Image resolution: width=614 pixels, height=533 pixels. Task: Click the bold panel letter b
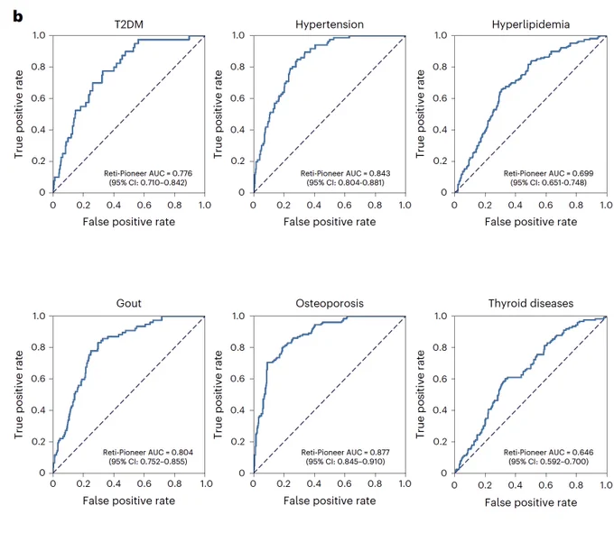coord(18,16)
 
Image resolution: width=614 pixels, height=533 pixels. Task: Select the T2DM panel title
coord(129,24)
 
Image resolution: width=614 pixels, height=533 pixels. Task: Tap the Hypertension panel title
coord(330,24)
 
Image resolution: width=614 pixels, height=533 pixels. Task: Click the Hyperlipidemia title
coord(531,24)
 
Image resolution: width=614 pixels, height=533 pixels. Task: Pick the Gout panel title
coord(129,303)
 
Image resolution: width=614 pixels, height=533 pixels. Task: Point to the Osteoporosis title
coord(330,303)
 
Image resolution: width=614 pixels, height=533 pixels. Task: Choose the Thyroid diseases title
coord(531,303)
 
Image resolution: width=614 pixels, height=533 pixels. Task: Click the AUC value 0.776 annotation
coord(148,173)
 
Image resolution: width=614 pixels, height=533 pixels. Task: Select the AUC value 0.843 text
coord(345,173)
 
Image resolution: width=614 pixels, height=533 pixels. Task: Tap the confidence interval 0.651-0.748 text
coord(548,182)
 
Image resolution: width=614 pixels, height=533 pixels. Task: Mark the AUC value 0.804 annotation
coord(148,453)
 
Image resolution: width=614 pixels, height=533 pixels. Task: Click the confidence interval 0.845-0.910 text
coord(345,462)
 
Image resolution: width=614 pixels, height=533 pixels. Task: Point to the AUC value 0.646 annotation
coord(548,453)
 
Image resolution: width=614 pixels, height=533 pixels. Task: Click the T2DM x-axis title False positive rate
coord(129,222)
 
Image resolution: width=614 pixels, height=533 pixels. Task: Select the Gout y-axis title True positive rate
coord(18,394)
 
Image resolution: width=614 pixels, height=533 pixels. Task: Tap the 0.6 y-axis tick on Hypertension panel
coord(237,98)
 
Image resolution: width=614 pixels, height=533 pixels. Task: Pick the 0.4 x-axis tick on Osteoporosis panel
coord(313,484)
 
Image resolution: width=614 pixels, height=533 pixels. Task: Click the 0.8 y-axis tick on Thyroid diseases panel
coord(440,347)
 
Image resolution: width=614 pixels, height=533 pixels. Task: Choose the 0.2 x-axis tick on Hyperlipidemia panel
coord(485,206)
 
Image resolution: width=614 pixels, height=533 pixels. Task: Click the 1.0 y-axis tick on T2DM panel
coord(39,35)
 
